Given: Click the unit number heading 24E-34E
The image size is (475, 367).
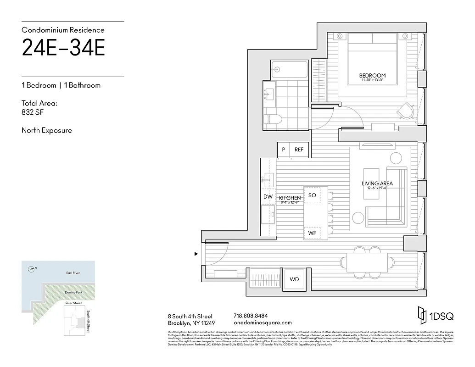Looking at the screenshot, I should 63,48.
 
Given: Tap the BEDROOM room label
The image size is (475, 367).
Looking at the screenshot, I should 372,76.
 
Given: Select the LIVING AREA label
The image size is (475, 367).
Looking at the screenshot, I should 377,183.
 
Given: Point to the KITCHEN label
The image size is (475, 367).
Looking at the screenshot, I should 290,198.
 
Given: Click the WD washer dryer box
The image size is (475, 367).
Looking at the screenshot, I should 294,279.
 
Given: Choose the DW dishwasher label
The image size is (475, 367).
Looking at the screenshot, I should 268,197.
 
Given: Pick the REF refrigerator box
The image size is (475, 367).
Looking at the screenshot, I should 299,150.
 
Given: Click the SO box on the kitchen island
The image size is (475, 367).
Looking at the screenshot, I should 312,195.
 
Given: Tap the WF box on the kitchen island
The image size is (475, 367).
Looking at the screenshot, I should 312,233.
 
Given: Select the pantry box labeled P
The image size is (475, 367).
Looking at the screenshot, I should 284,150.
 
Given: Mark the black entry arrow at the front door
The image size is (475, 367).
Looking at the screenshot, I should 196,253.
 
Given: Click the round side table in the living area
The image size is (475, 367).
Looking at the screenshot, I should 396,159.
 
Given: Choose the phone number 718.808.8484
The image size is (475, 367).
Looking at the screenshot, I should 251,316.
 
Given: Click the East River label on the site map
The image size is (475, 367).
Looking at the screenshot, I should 73,273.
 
